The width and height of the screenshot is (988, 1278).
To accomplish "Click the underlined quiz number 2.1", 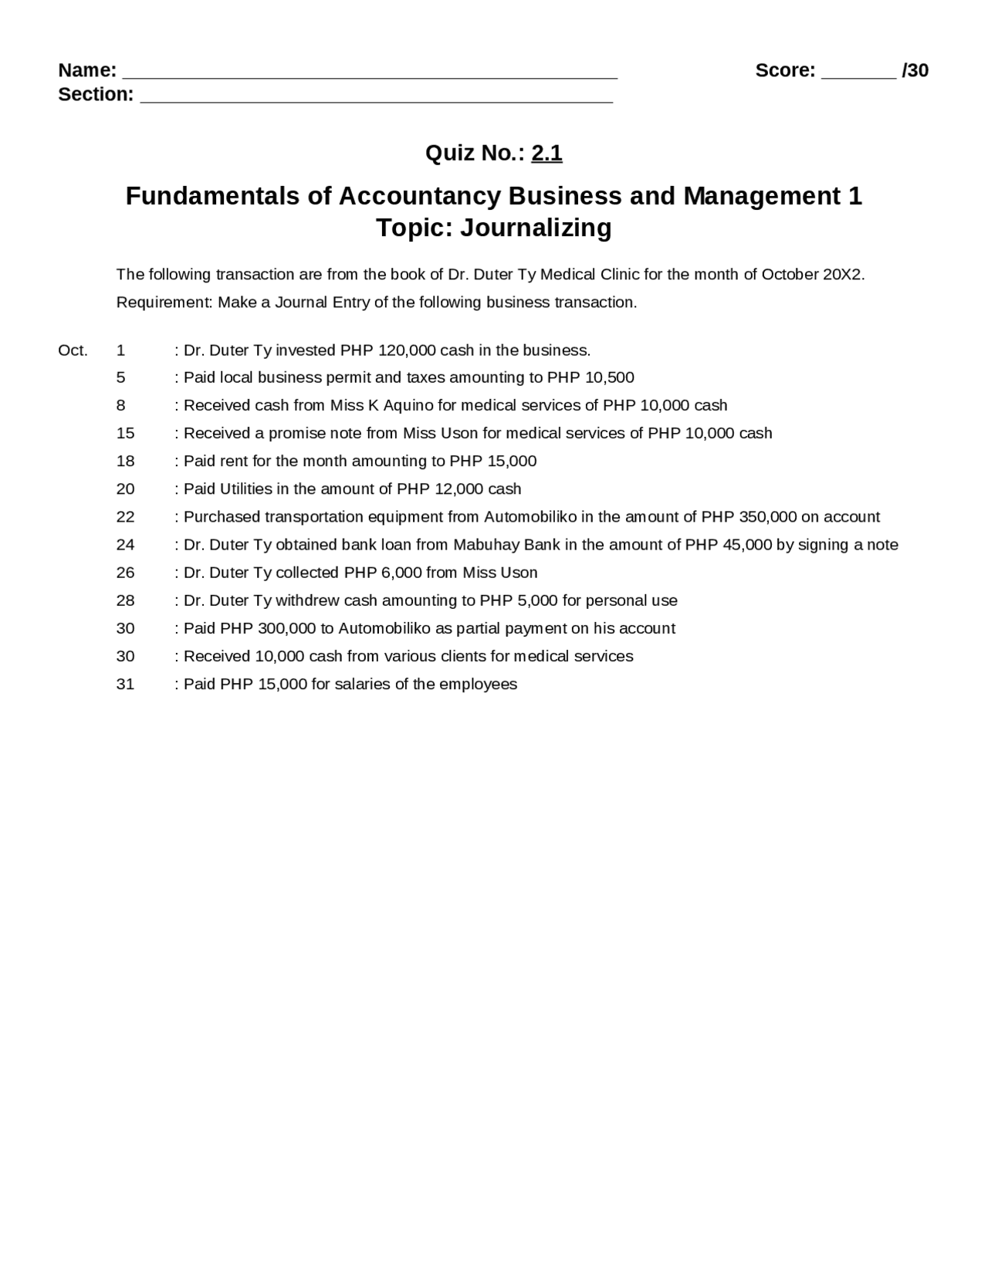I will pyautogui.click(x=546, y=154).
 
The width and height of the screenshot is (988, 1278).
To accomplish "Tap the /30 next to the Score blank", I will pyautogui.click(x=915, y=71).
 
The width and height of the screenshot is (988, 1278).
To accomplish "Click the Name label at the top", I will pyautogui.click(x=86, y=71).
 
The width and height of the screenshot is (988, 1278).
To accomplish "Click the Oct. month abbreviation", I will pyautogui.click(x=73, y=350).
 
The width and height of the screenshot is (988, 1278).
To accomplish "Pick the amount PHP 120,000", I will pyautogui.click(x=388, y=350).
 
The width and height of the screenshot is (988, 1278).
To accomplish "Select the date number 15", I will pyautogui.click(x=125, y=434).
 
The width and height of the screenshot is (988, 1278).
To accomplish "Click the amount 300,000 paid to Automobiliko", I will pyautogui.click(x=286, y=628).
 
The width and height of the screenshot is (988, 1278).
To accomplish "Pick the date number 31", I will pyautogui.click(x=125, y=685).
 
